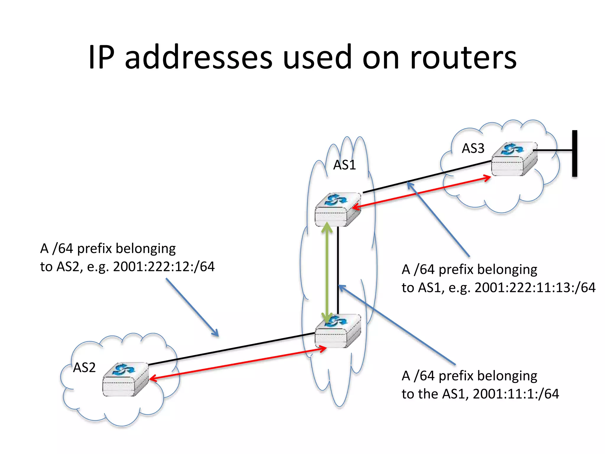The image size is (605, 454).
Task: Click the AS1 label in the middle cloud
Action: [344, 165]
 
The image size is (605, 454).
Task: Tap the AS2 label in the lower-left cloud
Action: [84, 368]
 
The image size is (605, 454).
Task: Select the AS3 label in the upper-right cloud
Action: [473, 148]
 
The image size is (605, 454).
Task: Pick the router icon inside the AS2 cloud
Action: [126, 380]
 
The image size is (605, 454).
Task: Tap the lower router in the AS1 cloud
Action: [338, 331]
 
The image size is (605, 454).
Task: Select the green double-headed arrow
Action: [327, 272]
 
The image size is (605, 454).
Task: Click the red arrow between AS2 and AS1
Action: [236, 364]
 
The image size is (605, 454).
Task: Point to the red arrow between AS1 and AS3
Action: [419, 192]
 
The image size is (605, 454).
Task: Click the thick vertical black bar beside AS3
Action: [575, 153]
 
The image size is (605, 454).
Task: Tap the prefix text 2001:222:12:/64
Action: [164, 267]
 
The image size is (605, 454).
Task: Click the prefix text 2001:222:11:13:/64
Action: [535, 288]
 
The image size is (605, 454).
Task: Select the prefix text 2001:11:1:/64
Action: [516, 394]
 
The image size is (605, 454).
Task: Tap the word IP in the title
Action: [101, 57]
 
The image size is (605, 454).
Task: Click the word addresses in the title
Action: [198, 57]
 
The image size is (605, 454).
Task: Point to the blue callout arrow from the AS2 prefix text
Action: [192, 307]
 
